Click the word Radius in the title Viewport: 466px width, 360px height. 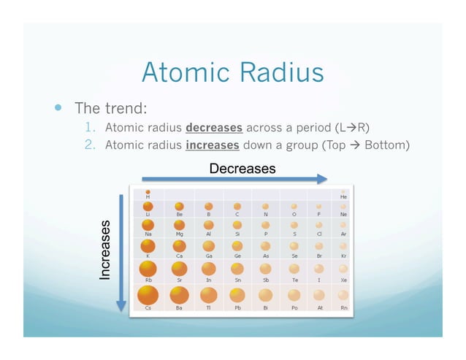(279, 73)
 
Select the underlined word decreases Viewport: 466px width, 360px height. (215, 128)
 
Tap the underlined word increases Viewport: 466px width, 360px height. (213, 145)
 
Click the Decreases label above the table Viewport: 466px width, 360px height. (242, 169)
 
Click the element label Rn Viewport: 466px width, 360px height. (343, 309)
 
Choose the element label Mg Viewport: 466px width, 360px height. (179, 234)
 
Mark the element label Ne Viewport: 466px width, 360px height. (343, 215)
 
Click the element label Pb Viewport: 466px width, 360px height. (238, 309)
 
